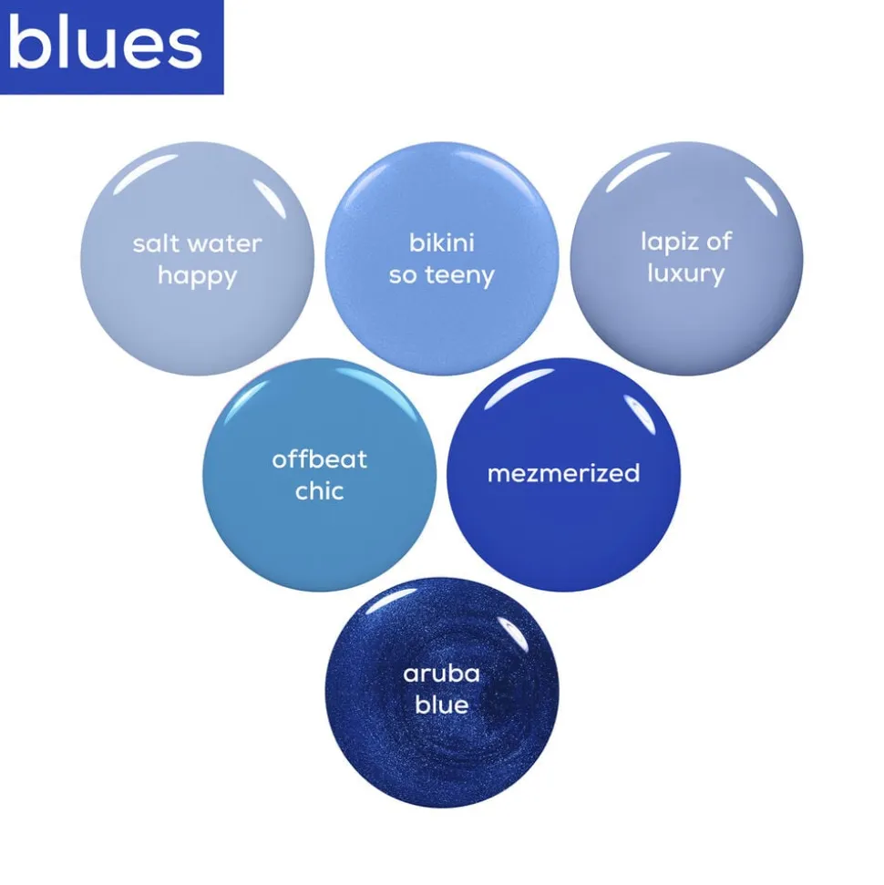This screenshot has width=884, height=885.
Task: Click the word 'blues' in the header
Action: tap(105, 42)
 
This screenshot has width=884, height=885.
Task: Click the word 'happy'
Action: tap(197, 277)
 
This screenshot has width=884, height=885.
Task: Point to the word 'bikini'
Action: tap(441, 242)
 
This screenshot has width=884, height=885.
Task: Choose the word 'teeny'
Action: tap(460, 275)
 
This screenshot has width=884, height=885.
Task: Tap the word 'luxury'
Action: tap(686, 273)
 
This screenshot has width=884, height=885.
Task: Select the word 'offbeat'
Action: tap(320, 459)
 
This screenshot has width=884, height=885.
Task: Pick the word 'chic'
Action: tap(320, 491)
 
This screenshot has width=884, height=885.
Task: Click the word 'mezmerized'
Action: tap(563, 474)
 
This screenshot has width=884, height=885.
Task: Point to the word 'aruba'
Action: tap(441, 674)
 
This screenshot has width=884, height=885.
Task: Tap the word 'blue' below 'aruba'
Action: tap(441, 705)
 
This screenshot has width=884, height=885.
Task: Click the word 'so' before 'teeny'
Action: tap(403, 276)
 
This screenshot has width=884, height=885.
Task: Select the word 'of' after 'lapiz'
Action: tap(719, 241)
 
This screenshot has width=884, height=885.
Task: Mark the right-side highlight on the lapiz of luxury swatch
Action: tap(762, 196)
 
